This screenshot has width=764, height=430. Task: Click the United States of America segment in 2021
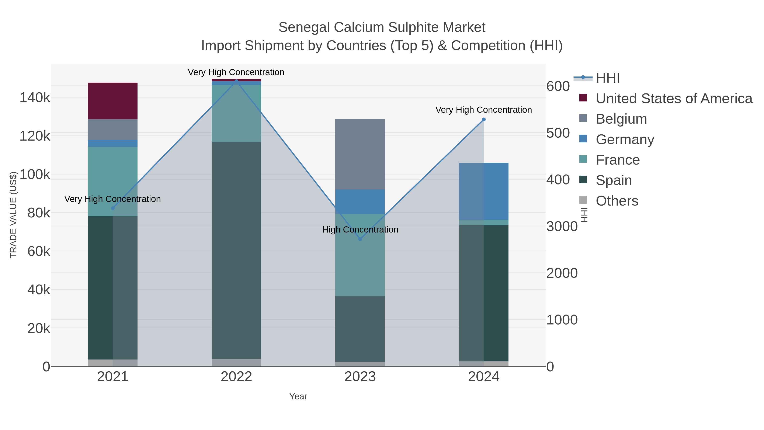[x=113, y=101]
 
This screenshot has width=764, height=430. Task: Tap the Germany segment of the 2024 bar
[x=483, y=191]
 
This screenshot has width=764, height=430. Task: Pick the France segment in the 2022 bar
[x=236, y=113]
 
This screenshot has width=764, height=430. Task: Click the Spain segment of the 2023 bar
[x=360, y=328]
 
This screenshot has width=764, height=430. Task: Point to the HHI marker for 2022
[x=236, y=81]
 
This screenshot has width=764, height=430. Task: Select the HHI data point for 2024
[x=483, y=120]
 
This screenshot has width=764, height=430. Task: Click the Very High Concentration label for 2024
[x=483, y=110]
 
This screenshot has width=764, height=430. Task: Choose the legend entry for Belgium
[x=621, y=119]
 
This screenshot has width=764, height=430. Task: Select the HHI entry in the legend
[x=607, y=78]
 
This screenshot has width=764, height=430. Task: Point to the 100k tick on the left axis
[x=35, y=175]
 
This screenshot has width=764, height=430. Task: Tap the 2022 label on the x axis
[x=236, y=377]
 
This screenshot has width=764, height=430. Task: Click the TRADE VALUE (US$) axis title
[x=13, y=214]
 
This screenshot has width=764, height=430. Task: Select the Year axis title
[x=298, y=396]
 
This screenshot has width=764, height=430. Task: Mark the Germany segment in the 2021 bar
[x=113, y=143]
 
